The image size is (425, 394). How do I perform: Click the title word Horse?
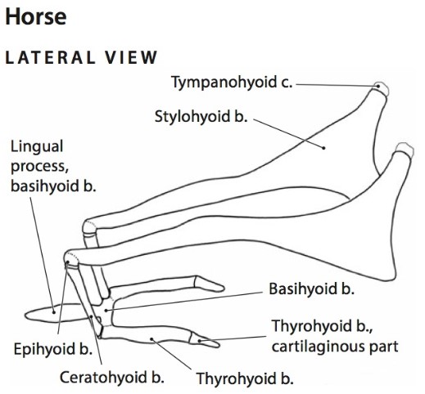click(36, 16)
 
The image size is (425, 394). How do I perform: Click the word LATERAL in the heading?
click(50, 57)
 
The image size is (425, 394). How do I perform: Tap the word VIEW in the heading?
click(131, 57)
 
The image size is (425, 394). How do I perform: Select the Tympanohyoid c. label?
click(232, 82)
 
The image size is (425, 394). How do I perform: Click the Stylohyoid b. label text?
click(201, 117)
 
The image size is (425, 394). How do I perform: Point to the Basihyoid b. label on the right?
click(311, 289)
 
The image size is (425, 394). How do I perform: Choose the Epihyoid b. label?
click(52, 349)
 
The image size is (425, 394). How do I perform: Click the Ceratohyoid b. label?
click(112, 378)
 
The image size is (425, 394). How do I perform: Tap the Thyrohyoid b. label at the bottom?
click(245, 378)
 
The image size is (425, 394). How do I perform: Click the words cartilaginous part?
click(335, 347)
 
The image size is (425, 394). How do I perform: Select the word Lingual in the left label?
click(37, 147)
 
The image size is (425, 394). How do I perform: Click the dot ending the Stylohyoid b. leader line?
click(323, 148)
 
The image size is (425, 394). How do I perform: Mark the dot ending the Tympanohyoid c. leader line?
click(378, 86)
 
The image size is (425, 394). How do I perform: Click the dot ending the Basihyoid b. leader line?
click(106, 311)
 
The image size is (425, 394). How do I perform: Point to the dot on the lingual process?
click(54, 312)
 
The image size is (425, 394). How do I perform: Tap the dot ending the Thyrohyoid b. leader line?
click(152, 339)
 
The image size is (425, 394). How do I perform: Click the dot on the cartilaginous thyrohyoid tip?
click(200, 341)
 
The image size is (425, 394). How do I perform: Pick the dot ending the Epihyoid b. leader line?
click(67, 262)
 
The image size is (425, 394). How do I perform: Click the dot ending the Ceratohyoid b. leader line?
click(92, 316)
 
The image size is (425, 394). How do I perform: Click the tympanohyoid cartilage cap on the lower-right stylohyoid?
click(405, 149)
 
